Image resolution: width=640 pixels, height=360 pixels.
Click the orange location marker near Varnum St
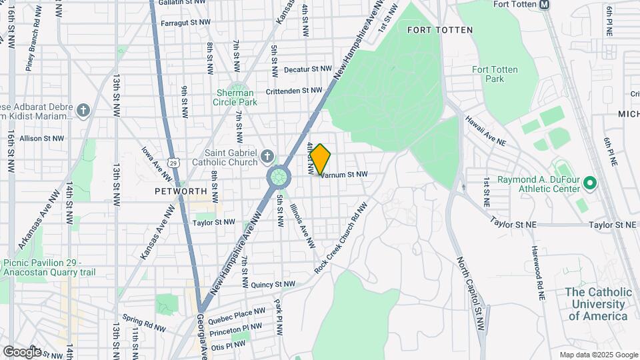pyautogui.click(x=320, y=159)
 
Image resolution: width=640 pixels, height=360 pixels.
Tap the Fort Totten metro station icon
pyautogui.click(x=545, y=5)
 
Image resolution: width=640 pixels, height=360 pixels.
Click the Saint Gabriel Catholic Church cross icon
pyautogui.click(x=267, y=157)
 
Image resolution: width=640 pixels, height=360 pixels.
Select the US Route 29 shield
pyautogui.click(x=173, y=162)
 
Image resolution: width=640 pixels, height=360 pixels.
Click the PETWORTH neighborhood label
pyautogui.click(x=181, y=191)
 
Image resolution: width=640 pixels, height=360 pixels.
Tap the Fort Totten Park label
pyautogui.click(x=494, y=74)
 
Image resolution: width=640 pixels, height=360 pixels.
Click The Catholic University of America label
pyautogui.click(x=598, y=304)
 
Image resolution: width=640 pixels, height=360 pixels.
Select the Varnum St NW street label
pyautogui.click(x=344, y=174)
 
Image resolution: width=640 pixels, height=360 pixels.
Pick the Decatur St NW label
pyautogui.click(x=307, y=69)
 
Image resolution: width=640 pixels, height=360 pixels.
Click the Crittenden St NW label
pyautogui.click(x=294, y=91)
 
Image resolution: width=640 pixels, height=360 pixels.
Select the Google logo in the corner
pyautogui.click(x=22, y=351)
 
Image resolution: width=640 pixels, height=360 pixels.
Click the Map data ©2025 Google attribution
pyautogui.click(x=597, y=355)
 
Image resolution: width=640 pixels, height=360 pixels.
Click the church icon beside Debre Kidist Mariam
pyautogui.click(x=83, y=110)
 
